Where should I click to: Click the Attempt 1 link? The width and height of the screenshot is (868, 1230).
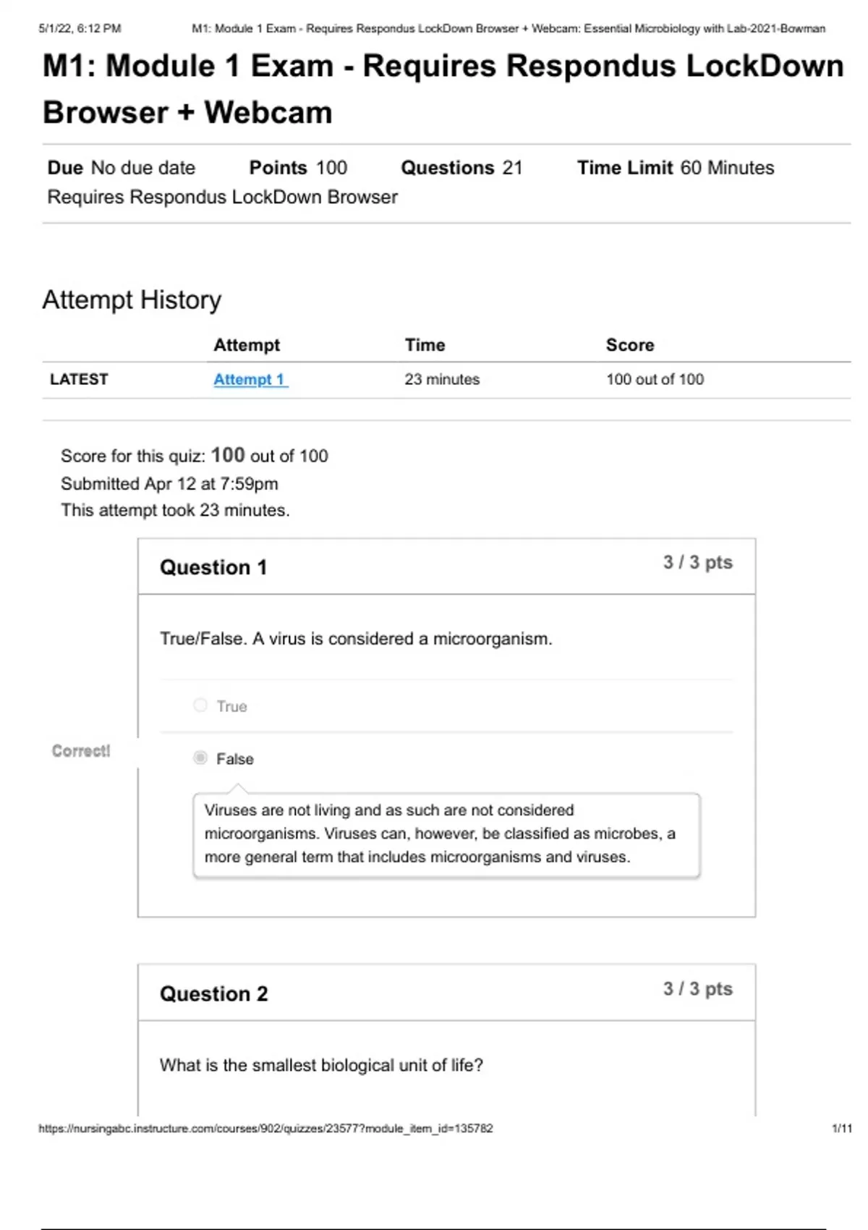[250, 379]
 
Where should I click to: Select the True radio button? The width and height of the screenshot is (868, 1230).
[200, 705]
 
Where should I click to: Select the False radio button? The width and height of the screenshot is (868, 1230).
[200, 758]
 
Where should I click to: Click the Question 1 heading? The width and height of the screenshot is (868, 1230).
[213, 567]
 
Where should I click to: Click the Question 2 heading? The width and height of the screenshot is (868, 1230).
[213, 993]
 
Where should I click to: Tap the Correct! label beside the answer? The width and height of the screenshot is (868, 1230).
[81, 751]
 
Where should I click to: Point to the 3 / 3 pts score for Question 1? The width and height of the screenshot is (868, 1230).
[697, 562]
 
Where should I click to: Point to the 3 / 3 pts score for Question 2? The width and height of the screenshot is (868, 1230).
[697, 988]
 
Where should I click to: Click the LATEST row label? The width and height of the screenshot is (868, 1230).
[79, 379]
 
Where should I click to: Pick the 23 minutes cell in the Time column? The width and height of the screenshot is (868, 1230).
[442, 379]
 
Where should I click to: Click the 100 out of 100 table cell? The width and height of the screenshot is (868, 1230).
[655, 379]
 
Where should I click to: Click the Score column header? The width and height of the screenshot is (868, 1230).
[629, 345]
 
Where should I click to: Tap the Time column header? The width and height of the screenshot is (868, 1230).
[425, 345]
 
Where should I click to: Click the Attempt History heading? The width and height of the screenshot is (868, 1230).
[132, 300]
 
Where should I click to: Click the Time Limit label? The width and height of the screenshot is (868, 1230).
[625, 168]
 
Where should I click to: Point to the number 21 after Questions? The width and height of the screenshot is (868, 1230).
[512, 168]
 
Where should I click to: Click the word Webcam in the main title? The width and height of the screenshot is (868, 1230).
[268, 112]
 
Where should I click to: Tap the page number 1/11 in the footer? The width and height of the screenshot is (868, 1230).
[842, 1128]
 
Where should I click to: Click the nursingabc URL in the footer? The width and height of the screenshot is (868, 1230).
[265, 1128]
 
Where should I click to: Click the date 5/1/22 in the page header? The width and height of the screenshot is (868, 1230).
[55, 29]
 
